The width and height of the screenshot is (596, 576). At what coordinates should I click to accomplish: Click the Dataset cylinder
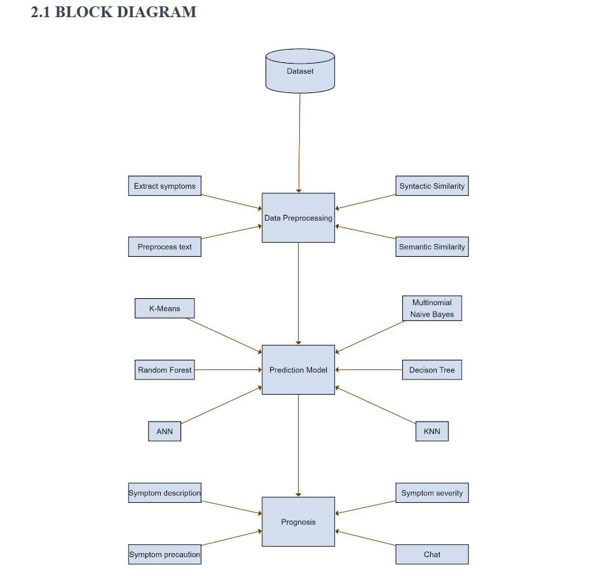pyautogui.click(x=300, y=71)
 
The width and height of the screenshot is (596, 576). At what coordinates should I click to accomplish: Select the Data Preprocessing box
pyautogui.click(x=298, y=217)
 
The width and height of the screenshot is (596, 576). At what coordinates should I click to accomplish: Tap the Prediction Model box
pyautogui.click(x=298, y=369)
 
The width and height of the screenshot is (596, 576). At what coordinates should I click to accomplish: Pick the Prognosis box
pyautogui.click(x=298, y=521)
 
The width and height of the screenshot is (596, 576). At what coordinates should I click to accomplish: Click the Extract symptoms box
pyautogui.click(x=165, y=186)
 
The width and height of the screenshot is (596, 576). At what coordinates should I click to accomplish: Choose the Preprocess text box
pyautogui.click(x=165, y=247)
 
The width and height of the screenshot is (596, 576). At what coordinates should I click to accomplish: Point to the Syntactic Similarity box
pyautogui.click(x=432, y=186)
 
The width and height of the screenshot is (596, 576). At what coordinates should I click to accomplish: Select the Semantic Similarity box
pyautogui.click(x=432, y=247)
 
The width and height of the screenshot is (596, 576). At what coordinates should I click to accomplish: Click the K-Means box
pyautogui.click(x=165, y=308)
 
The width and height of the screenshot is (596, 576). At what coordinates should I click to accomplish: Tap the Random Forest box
pyautogui.click(x=165, y=369)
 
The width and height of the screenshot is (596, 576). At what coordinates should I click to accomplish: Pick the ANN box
pyautogui.click(x=165, y=431)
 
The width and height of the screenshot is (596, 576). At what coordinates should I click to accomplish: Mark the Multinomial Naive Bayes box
pyautogui.click(x=432, y=308)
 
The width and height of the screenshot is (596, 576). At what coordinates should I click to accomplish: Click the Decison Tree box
pyautogui.click(x=432, y=369)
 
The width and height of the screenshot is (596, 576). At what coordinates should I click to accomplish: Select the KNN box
pyautogui.click(x=432, y=431)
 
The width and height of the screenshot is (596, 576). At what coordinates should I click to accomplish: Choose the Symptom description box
pyautogui.click(x=165, y=493)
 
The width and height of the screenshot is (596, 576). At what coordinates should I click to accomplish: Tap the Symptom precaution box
pyautogui.click(x=165, y=554)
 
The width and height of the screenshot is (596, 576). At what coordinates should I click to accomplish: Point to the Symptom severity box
pyautogui.click(x=432, y=493)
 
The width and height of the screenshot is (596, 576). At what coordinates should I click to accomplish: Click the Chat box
pyautogui.click(x=432, y=554)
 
